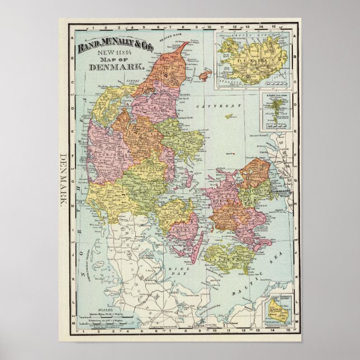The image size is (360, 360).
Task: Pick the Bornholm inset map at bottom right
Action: (276, 307)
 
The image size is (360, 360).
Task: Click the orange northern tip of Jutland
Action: (173, 61)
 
